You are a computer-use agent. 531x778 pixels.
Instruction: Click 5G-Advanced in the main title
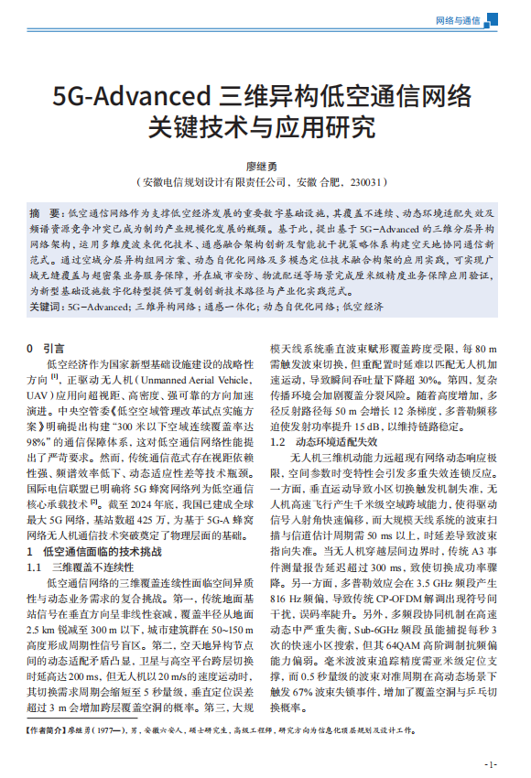[132, 95]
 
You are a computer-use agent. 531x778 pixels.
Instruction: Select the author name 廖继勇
[265, 166]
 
